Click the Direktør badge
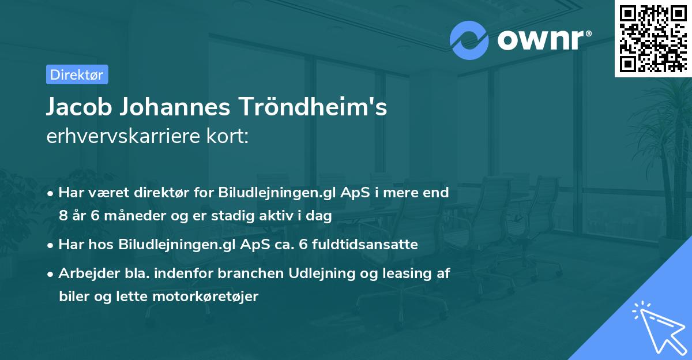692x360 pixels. [x=77, y=74]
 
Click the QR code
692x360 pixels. [x=653, y=38]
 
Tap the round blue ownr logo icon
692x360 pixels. [x=469, y=40]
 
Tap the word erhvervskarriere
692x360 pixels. [x=122, y=137]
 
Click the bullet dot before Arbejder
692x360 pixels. [x=52, y=274]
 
